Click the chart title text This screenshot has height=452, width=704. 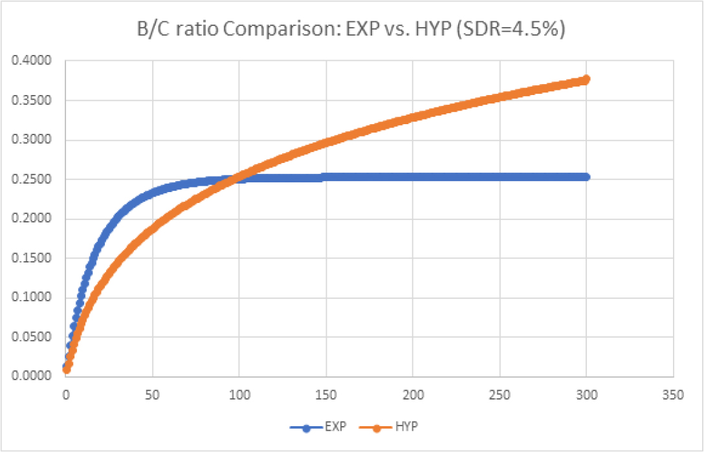351,30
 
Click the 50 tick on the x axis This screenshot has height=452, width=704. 153,394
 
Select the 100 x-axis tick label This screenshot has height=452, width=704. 239,394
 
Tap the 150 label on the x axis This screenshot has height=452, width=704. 326,394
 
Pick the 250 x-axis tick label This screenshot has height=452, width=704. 500,394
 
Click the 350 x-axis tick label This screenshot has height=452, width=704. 673,394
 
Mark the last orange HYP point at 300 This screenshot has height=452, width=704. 586,80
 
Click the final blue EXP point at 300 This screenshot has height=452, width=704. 586,177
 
